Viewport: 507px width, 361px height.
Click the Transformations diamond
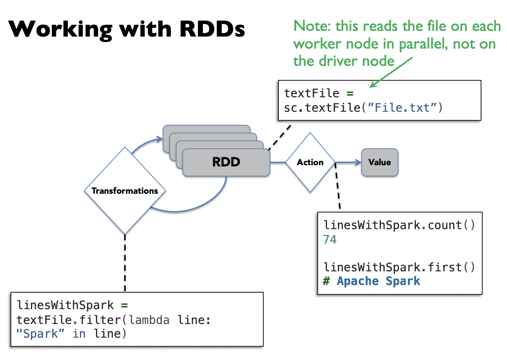(x=125, y=191)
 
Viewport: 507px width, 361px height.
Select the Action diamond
(x=310, y=162)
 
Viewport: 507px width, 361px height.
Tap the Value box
(x=379, y=162)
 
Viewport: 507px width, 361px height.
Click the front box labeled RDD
(x=226, y=162)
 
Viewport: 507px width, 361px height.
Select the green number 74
(x=330, y=240)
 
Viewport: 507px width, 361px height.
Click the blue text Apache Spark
(x=378, y=281)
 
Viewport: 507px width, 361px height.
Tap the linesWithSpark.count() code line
(x=399, y=225)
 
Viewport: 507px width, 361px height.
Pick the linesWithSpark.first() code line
(x=399, y=267)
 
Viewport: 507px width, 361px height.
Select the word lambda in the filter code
(x=149, y=320)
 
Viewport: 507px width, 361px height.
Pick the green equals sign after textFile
(x=350, y=93)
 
